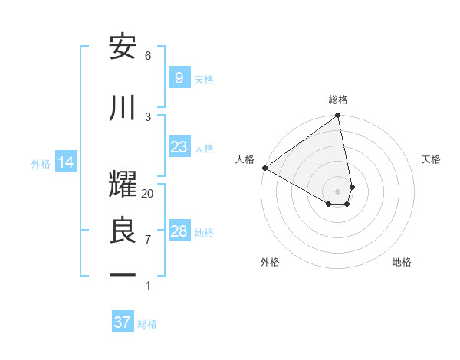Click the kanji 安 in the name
pos(123,47)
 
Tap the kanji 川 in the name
pos(123,108)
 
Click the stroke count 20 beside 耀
pos(148,194)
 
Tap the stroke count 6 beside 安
pos(148,55)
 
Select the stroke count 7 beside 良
pos(148,239)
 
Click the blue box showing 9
pos(179,78)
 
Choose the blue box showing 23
pos(179,147)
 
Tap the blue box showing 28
pos(179,231)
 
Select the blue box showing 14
pos(65,162)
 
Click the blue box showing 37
pos(122,322)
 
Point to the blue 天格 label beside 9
pos(204,79)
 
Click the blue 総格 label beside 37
pos(147,323)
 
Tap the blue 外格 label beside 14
pos(41,163)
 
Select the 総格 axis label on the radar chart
pos(338,100)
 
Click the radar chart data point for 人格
pos(264,168)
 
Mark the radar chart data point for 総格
pos(337,116)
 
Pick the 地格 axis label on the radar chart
pos(402,262)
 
